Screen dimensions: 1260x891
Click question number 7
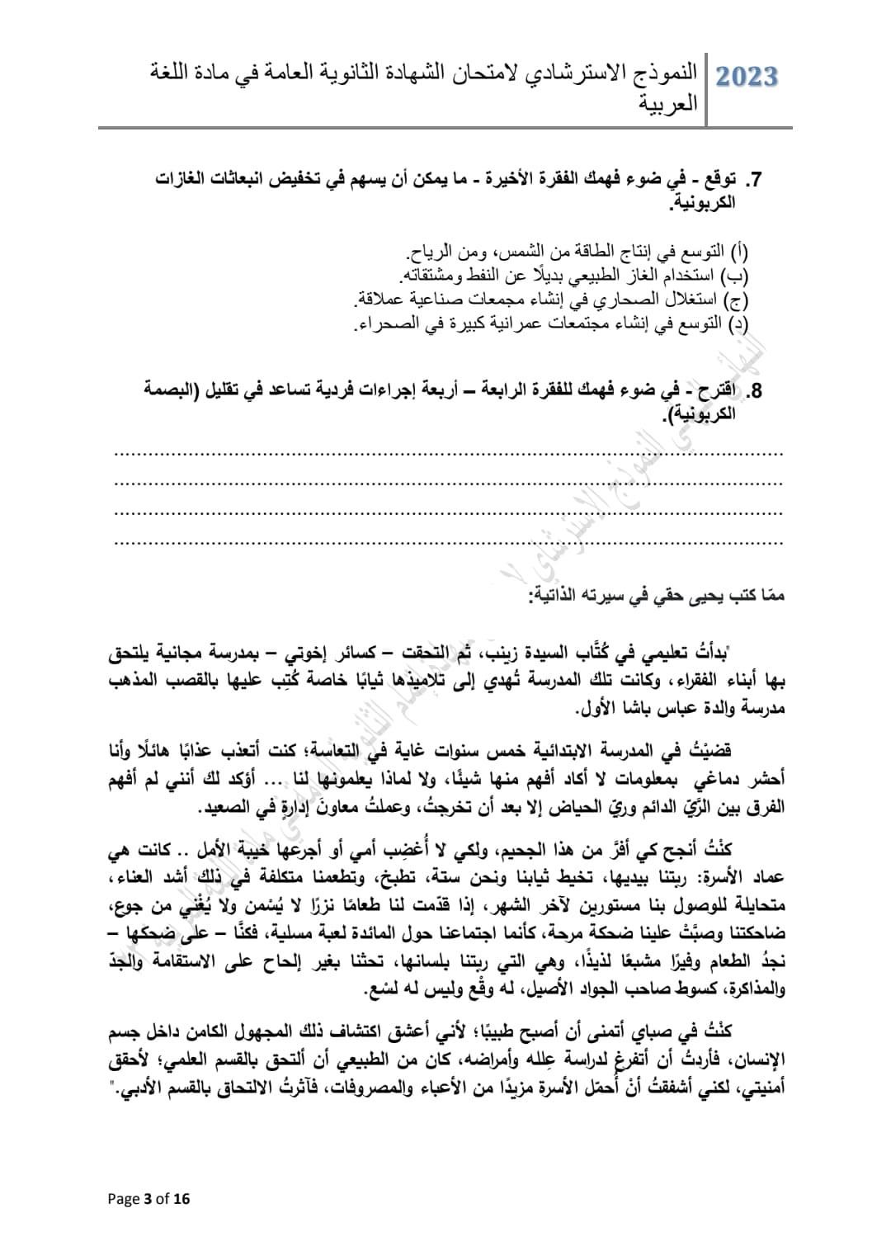[x=752, y=180]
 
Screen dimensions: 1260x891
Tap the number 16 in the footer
[x=181, y=1199]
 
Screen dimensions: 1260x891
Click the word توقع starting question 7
[x=722, y=180]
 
